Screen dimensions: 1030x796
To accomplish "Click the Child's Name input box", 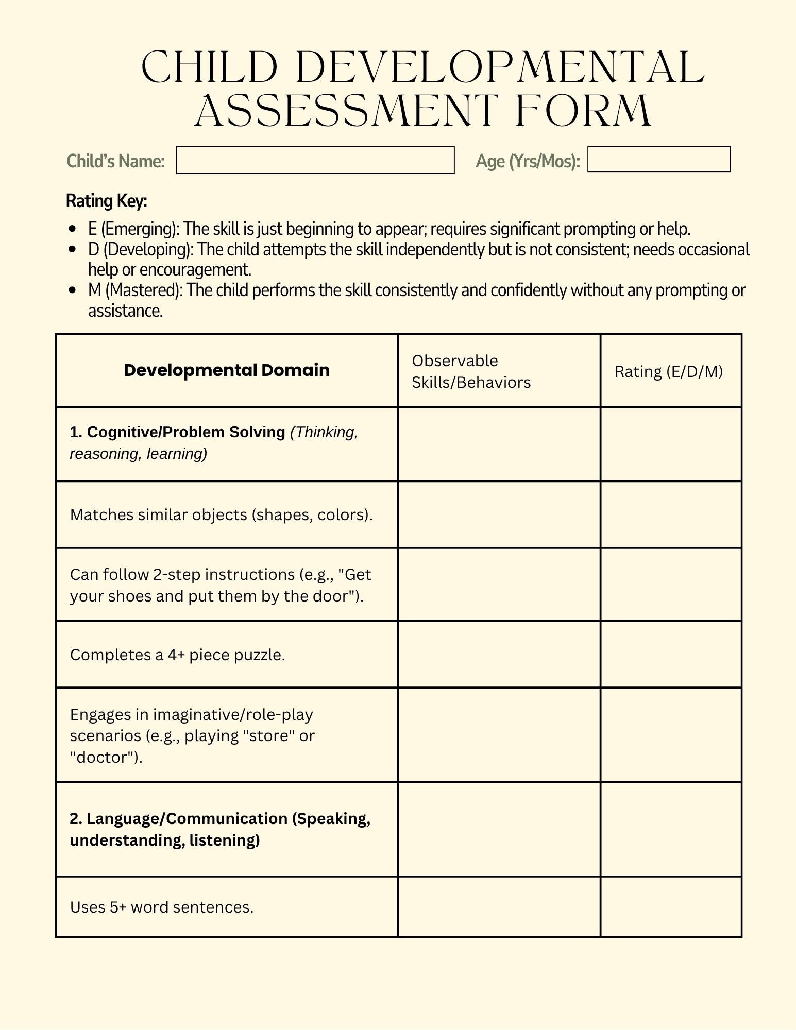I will coord(315,160).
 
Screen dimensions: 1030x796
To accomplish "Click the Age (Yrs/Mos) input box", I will coord(658,159).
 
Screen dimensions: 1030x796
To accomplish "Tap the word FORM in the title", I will coord(583,111).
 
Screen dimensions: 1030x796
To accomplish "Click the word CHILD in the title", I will coord(209,67).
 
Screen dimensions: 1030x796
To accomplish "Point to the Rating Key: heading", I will coord(107,201).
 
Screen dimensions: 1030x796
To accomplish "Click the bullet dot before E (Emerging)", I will coord(73,229).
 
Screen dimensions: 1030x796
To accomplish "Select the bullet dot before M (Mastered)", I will coord(73,290).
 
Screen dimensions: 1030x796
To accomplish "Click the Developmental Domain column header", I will coord(227,370).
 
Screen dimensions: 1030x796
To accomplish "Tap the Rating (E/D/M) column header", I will coord(669,371).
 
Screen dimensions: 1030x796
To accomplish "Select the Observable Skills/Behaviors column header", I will coord(471,371).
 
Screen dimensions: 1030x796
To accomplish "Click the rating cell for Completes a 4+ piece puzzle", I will coord(671,655).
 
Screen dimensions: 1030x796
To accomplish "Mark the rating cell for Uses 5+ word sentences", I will coord(671,907).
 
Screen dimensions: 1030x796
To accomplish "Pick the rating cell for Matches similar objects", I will coord(671,514).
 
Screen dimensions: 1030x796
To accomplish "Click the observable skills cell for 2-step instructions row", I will coord(499,585).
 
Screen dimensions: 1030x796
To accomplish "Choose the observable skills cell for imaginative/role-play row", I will coord(499,735).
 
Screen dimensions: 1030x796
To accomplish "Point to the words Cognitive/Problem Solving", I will coord(185,432).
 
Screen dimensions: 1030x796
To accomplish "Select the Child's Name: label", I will coord(116,161).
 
